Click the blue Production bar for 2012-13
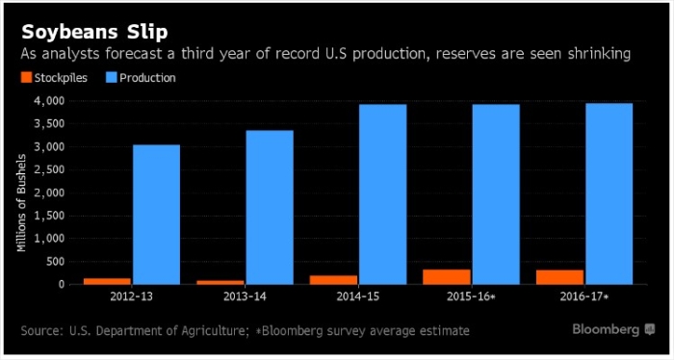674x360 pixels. pyautogui.click(x=156, y=215)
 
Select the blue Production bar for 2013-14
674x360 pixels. pyautogui.click(x=269, y=207)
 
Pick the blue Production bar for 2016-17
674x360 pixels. pyautogui.click(x=609, y=193)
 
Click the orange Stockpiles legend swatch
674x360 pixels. pyautogui.click(x=25, y=78)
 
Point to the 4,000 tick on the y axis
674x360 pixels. pyautogui.click(x=48, y=100)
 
